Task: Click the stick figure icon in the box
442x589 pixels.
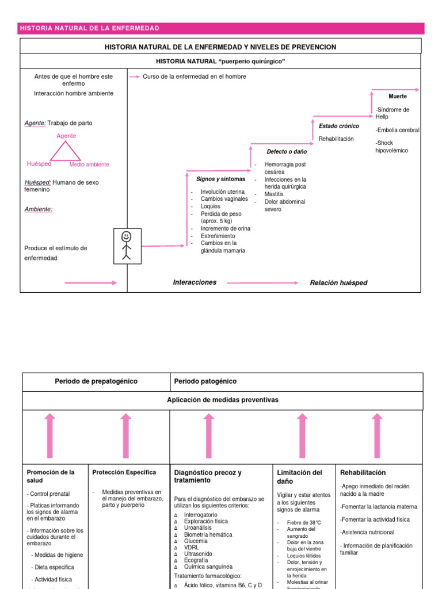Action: point(127,245)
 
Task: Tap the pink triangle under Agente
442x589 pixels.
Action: point(66,151)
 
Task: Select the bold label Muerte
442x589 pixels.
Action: point(398,96)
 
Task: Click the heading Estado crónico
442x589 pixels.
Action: point(339,126)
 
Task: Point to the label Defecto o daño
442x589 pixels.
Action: point(287,152)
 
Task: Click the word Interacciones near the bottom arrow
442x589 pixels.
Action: point(195,282)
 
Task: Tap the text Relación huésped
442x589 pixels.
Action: point(338,283)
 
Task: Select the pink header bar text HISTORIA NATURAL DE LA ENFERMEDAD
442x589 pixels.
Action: point(90,28)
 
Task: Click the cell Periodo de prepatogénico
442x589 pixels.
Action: point(96,381)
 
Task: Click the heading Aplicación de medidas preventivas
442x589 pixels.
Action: point(222,400)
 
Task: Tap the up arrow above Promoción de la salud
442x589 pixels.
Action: point(50,435)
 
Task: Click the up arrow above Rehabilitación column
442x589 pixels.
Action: point(377,435)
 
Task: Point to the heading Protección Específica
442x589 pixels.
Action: point(124,472)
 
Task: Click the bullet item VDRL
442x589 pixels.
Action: point(192,547)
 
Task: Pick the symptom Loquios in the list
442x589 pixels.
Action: point(211,206)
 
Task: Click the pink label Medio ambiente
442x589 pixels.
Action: point(89,165)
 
